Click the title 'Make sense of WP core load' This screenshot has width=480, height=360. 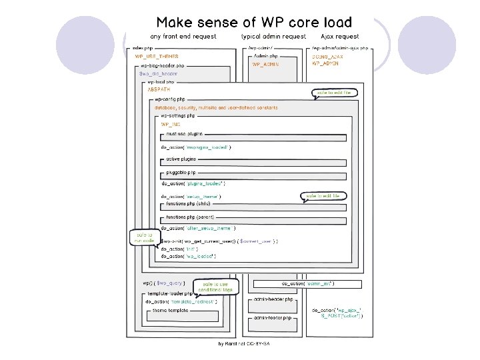pos(254,23)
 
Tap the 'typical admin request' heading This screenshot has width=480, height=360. pos(273,37)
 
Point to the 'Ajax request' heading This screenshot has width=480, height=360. pos(339,37)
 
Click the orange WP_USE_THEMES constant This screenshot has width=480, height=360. pos(157,57)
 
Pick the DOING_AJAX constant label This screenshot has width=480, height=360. pos(326,57)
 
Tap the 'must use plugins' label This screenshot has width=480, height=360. pos(185,133)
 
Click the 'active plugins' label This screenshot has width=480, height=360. pos(181,160)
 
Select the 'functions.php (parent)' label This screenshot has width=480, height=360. pos(189,217)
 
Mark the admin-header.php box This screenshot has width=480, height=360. pos(274,299)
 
